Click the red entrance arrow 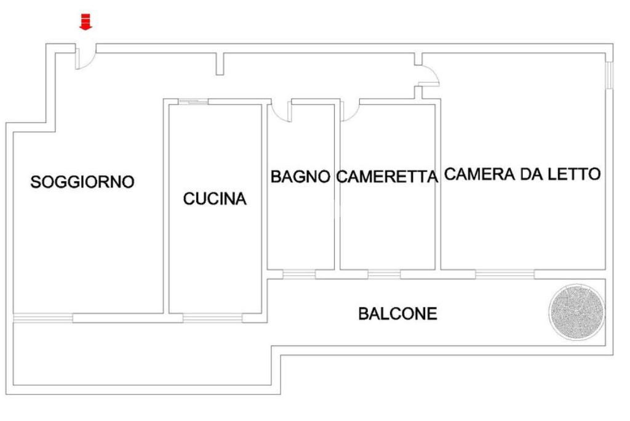tap(85, 22)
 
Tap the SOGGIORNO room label tap(82, 182)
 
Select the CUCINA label tap(215, 199)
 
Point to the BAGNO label tap(300, 177)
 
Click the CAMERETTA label tap(387, 177)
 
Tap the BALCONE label tap(398, 314)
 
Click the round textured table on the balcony tap(577, 311)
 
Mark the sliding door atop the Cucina tap(194, 102)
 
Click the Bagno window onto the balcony tap(300, 274)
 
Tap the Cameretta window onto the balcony tap(384, 274)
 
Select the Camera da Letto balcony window tap(505, 274)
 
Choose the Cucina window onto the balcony tap(213, 318)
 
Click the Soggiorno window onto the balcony tap(44, 318)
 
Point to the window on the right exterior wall tap(609, 75)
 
